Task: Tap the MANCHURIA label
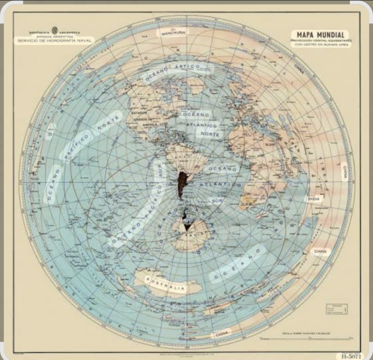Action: (x=173, y=33)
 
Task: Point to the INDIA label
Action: (x=313, y=199)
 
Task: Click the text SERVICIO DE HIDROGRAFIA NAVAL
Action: (x=55, y=41)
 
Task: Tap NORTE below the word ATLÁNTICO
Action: (x=208, y=134)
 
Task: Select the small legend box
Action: (x=336, y=309)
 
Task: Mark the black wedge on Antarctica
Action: (x=187, y=226)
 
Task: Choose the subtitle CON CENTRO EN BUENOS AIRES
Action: (x=320, y=45)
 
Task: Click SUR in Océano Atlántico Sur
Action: (x=215, y=199)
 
